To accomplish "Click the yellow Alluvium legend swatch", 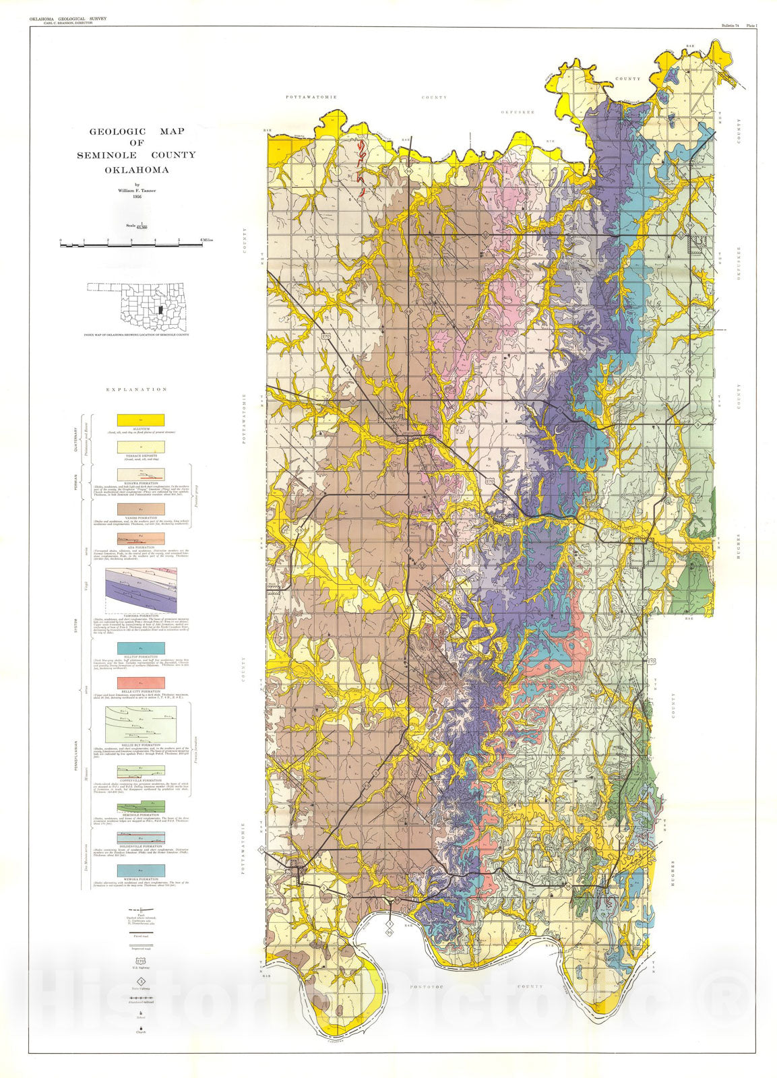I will [x=140, y=421].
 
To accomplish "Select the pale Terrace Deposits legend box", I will [x=140, y=447].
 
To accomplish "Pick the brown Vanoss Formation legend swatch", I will [x=140, y=509].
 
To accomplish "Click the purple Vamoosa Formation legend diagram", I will [x=140, y=590].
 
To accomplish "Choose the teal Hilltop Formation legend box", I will [x=140, y=648].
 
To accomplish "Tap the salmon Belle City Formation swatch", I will [x=140, y=683].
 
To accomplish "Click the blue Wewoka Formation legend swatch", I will [x=140, y=870].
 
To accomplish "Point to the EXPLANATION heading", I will [x=136, y=389].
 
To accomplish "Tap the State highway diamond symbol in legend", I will [x=140, y=982].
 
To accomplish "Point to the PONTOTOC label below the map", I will [x=425, y=986].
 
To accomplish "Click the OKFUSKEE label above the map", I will [x=518, y=113].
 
